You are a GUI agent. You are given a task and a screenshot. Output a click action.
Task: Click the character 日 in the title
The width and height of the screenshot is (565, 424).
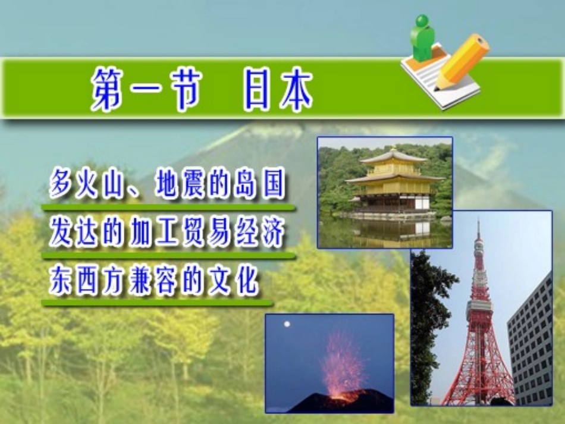257,91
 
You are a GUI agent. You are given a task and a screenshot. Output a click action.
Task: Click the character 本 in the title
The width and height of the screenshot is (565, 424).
295,91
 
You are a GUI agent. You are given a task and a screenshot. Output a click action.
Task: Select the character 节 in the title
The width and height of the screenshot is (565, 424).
181,91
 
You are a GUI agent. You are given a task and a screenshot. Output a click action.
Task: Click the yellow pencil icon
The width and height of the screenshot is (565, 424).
462,61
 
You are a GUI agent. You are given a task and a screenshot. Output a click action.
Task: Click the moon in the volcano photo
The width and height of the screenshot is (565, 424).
287,324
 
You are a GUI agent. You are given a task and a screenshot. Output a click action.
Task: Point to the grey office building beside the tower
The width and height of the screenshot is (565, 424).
531,345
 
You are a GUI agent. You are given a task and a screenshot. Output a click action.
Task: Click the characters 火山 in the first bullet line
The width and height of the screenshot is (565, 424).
98,185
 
